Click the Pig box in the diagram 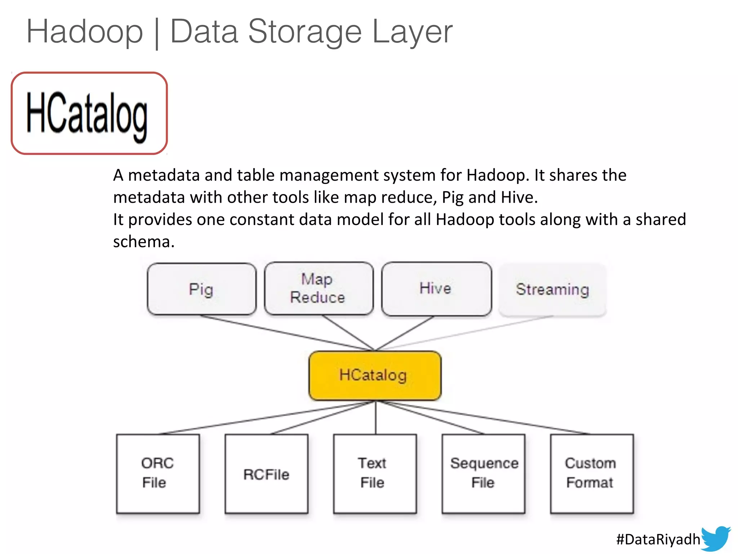pyautogui.click(x=201, y=289)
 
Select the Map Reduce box pyautogui.click(x=319, y=289)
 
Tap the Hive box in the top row pyautogui.click(x=436, y=289)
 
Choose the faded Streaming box pyautogui.click(x=552, y=290)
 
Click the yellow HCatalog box pyautogui.click(x=375, y=375)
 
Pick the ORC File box pyautogui.click(x=158, y=473)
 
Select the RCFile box pyautogui.click(x=266, y=474)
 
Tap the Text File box pyautogui.click(x=375, y=473)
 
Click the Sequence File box pyautogui.click(x=483, y=473)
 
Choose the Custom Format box pyautogui.click(x=592, y=473)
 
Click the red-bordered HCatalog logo pyautogui.click(x=89, y=113)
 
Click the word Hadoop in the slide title pyautogui.click(x=85, y=32)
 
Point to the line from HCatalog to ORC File pyautogui.click(x=267, y=418)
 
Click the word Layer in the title pyautogui.click(x=412, y=32)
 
